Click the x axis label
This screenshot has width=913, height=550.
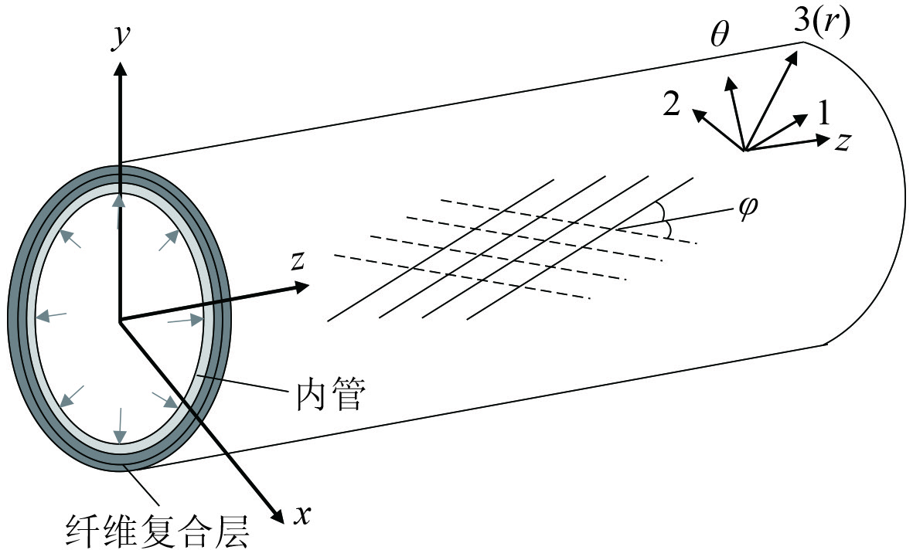[x=301, y=514]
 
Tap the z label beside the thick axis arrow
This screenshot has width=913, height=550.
[x=297, y=260]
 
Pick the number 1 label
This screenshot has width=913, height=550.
[x=823, y=114]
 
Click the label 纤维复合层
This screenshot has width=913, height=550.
[x=158, y=531]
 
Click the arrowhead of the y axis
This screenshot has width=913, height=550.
[x=119, y=68]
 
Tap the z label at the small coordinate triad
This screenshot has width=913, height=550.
[x=843, y=141]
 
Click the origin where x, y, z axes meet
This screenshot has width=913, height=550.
[x=119, y=320]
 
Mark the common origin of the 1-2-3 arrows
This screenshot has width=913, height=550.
[x=744, y=150]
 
